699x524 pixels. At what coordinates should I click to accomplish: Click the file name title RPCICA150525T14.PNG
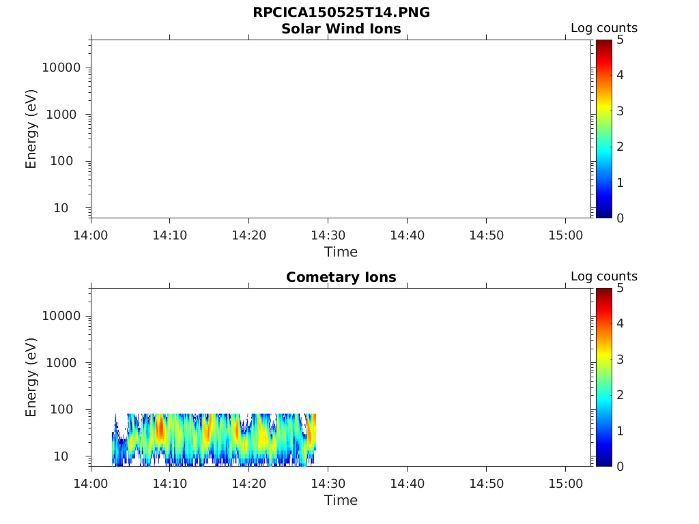pyautogui.click(x=341, y=13)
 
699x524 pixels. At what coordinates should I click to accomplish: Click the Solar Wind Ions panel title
pyautogui.click(x=341, y=29)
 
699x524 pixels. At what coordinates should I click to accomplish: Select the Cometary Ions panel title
pyautogui.click(x=341, y=277)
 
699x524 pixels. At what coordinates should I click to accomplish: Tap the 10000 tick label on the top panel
pyautogui.click(x=61, y=68)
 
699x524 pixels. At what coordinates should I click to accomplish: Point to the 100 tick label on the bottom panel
pyautogui.click(x=70, y=409)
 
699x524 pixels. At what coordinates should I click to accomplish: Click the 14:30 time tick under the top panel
pyautogui.click(x=328, y=235)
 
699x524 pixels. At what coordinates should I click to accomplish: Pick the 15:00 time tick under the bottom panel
pyautogui.click(x=565, y=484)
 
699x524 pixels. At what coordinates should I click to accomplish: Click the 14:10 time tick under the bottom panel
pyautogui.click(x=170, y=484)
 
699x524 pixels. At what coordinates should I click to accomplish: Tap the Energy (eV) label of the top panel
pyautogui.click(x=31, y=129)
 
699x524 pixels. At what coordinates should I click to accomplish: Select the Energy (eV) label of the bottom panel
pyautogui.click(x=31, y=377)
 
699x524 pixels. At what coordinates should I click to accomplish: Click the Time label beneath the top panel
pyautogui.click(x=341, y=252)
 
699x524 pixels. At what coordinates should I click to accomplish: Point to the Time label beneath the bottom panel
pyautogui.click(x=341, y=500)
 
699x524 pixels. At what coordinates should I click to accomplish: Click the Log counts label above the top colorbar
pyautogui.click(x=604, y=28)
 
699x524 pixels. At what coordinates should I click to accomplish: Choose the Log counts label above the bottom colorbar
pyautogui.click(x=604, y=276)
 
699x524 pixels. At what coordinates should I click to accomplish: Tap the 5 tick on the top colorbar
pyautogui.click(x=620, y=40)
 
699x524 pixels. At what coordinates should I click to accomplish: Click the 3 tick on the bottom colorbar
pyautogui.click(x=620, y=359)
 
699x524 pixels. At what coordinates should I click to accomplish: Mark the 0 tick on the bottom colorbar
pyautogui.click(x=620, y=466)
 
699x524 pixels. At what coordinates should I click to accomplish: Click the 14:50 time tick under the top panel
pyautogui.click(x=486, y=235)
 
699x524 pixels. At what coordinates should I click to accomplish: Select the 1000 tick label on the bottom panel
pyautogui.click(x=67, y=362)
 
